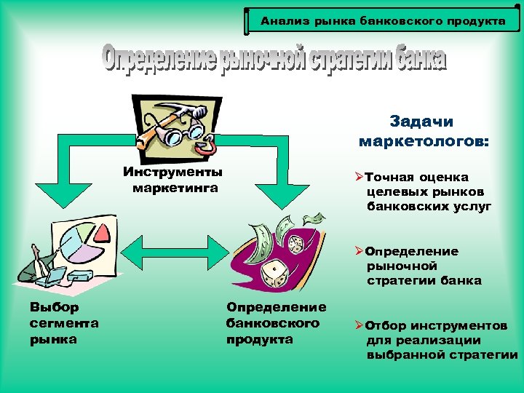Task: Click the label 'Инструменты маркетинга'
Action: pyautogui.click(x=173, y=180)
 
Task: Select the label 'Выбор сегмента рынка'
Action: pyautogui.click(x=64, y=323)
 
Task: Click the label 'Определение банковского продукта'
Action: pyautogui.click(x=276, y=323)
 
